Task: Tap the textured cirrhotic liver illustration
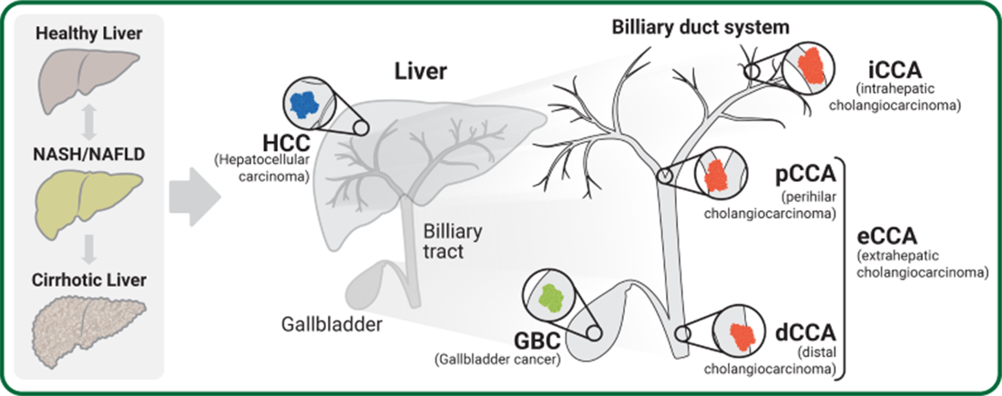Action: coord(89,324)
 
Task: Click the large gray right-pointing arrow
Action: coord(195,194)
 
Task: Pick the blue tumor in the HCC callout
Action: coord(307,105)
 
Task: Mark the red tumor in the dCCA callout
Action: coord(743,334)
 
